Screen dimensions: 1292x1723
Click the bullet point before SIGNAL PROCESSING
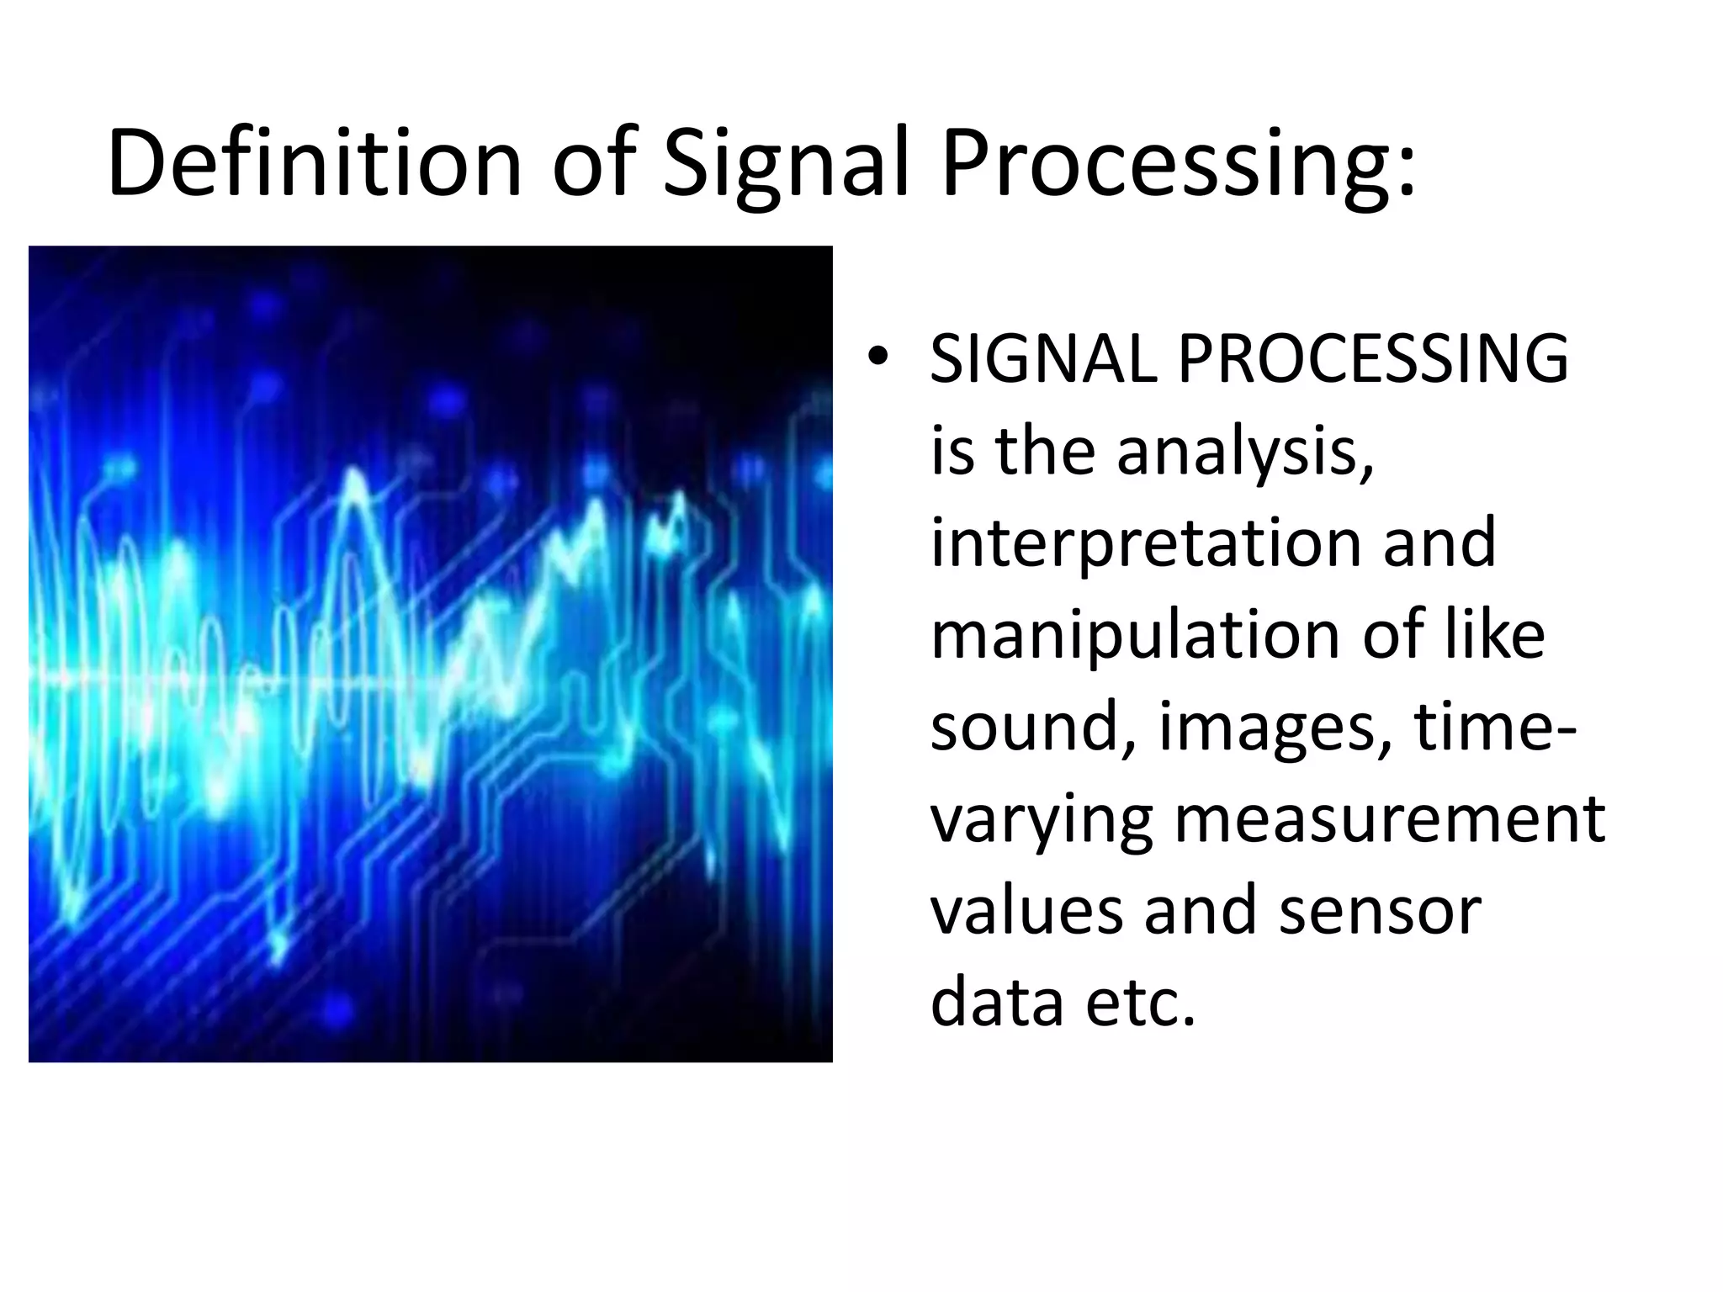(x=877, y=358)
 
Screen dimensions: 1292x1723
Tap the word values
(x=1026, y=912)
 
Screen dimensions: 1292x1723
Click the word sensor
(x=1380, y=913)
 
